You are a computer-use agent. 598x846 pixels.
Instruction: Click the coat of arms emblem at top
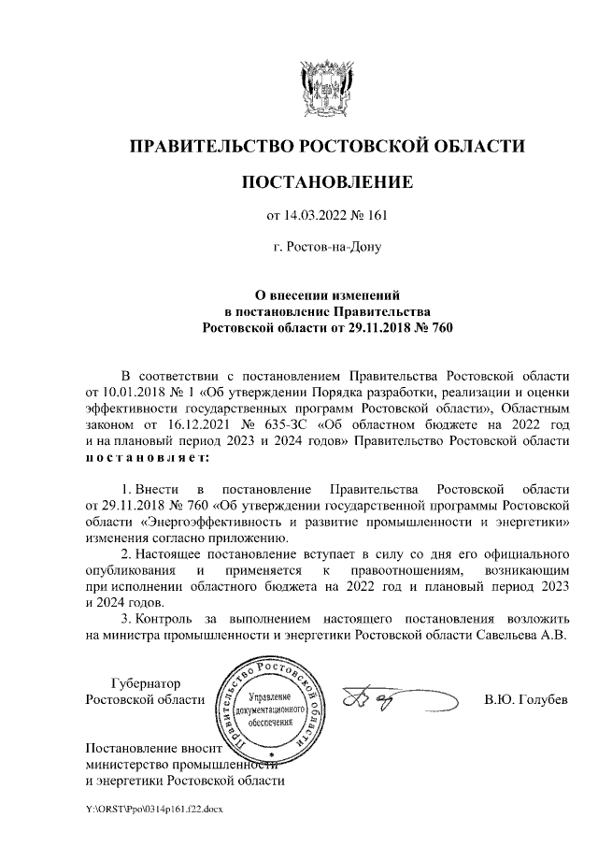tap(325, 86)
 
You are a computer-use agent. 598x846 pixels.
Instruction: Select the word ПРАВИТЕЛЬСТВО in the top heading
tap(210, 146)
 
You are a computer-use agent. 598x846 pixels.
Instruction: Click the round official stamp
tap(270, 704)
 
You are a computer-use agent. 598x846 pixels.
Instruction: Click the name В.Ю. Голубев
tap(526, 700)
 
